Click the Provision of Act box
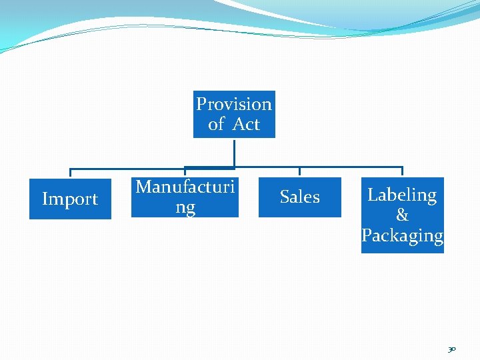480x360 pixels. click(234, 114)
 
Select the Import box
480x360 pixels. click(70, 199)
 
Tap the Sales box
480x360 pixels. click(299, 197)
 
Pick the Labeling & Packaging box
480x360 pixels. click(402, 215)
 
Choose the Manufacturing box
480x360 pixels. click(185, 197)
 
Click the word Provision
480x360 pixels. click(234, 104)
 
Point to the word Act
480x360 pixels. click(246, 124)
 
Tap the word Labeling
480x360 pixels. click(402, 195)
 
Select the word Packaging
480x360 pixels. click(402, 235)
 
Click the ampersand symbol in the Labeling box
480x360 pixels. click(402, 215)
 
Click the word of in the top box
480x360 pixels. click(216, 124)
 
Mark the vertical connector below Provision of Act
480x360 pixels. click(234, 152)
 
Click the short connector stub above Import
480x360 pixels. click(71, 173)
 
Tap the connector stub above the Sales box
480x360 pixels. click(299, 172)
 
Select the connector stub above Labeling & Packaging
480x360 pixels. click(402, 172)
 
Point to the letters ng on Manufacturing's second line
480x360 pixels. click(185, 207)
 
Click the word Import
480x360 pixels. click(70, 199)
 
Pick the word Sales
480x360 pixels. click(299, 197)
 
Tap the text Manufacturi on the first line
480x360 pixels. click(185, 187)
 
